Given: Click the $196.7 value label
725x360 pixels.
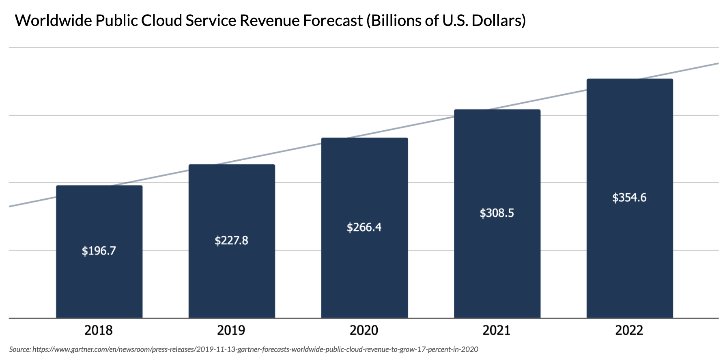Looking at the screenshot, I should (x=99, y=251).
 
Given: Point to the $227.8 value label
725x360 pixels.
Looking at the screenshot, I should (x=231, y=241).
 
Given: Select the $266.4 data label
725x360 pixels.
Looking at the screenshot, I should (x=364, y=227).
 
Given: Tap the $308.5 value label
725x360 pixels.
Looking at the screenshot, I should (x=497, y=213).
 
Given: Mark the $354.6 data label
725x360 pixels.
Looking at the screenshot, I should (x=629, y=198).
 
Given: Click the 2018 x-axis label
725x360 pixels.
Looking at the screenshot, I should (x=99, y=330).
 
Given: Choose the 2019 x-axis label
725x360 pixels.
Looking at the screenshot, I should (x=231, y=330).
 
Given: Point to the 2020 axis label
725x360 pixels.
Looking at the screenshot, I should (x=364, y=330).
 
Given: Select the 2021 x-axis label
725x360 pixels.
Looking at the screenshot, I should (x=497, y=330).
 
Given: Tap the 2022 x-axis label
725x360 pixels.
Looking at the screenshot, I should (x=629, y=330).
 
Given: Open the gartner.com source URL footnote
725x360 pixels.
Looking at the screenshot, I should (x=255, y=349).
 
